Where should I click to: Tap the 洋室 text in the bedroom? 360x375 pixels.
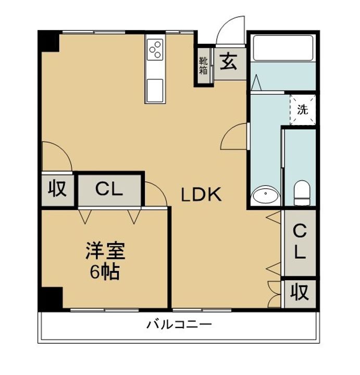(x=105, y=252)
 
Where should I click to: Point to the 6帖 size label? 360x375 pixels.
(x=105, y=271)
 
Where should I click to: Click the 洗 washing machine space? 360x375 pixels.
(x=303, y=110)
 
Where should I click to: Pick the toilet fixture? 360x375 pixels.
(x=302, y=193)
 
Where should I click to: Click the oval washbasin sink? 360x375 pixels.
(x=265, y=196)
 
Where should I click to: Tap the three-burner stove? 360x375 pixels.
(x=155, y=50)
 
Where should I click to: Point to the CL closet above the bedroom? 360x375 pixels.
(x=109, y=190)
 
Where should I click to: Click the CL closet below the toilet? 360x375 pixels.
(x=299, y=242)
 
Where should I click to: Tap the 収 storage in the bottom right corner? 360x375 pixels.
(x=300, y=294)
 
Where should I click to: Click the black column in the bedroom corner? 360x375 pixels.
(x=52, y=298)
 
